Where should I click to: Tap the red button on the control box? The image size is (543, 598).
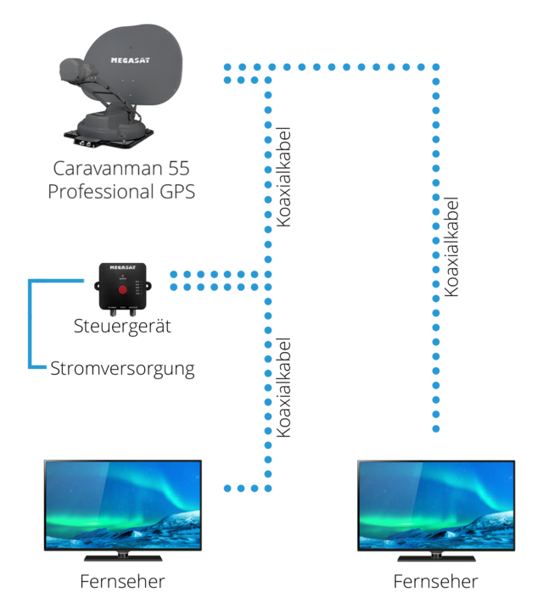pyautogui.click(x=122, y=289)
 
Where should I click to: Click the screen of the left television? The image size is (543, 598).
pyautogui.click(x=123, y=504)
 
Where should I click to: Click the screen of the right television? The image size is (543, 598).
pyautogui.click(x=436, y=504)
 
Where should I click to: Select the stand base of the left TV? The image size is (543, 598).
pyautogui.click(x=123, y=558)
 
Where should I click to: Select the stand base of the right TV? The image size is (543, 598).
pyautogui.click(x=436, y=558)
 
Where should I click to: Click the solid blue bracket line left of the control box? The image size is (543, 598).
pyautogui.click(x=31, y=322)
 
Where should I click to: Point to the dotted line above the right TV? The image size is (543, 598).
pyautogui.click(x=436, y=254)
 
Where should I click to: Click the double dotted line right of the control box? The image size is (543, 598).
pyautogui.click(x=216, y=281)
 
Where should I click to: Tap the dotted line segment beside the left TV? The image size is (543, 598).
pyautogui.click(x=242, y=488)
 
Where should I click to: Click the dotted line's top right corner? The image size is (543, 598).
pyautogui.click(x=436, y=65)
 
